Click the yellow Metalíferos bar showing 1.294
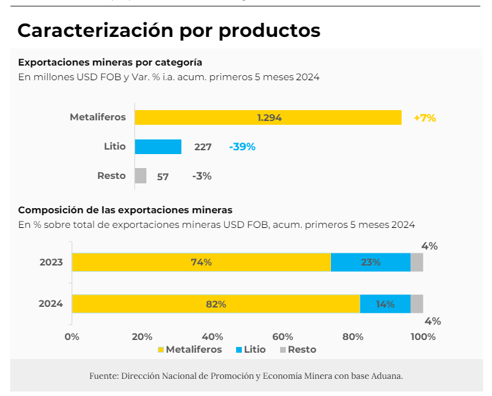pyautogui.click(x=268, y=118)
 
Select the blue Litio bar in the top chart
pyautogui.click(x=158, y=146)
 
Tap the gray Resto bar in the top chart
pyautogui.click(x=141, y=176)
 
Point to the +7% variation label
pyautogui.click(x=425, y=118)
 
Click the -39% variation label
pyautogui.click(x=242, y=146)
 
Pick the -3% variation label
pyautogui.click(x=202, y=176)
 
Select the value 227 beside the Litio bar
pyautogui.click(x=203, y=147)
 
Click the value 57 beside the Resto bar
pyautogui.click(x=163, y=176)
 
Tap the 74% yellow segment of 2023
pyautogui.click(x=201, y=262)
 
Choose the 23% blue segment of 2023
pyautogui.click(x=370, y=262)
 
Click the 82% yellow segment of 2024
pyautogui.click(x=216, y=304)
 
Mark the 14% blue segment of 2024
pyautogui.click(x=385, y=304)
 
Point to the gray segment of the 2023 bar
pyautogui.click(x=417, y=262)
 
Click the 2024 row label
pyautogui.click(x=51, y=304)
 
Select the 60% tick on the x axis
pyautogui.click(x=283, y=336)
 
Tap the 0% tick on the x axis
pyautogui.click(x=72, y=336)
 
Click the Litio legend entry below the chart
pyautogui.click(x=251, y=350)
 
